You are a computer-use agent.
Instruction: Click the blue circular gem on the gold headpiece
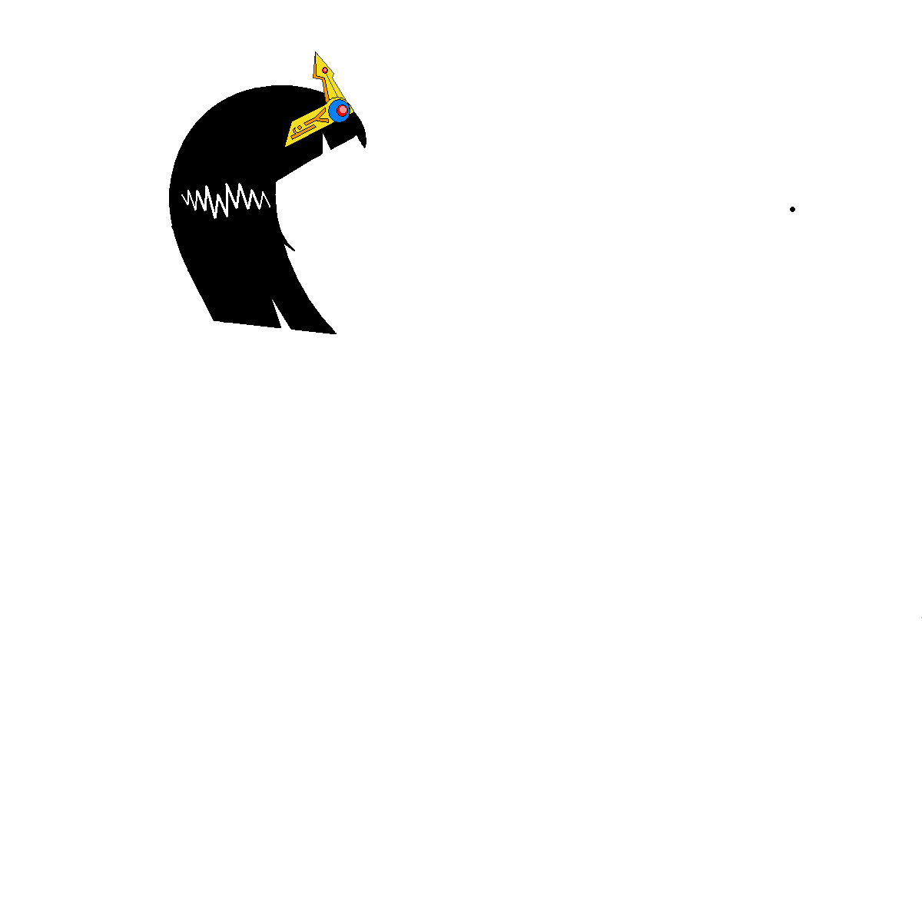click(x=340, y=111)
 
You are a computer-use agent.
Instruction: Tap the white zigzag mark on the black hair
click(x=225, y=200)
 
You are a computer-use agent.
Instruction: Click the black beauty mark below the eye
click(x=792, y=208)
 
